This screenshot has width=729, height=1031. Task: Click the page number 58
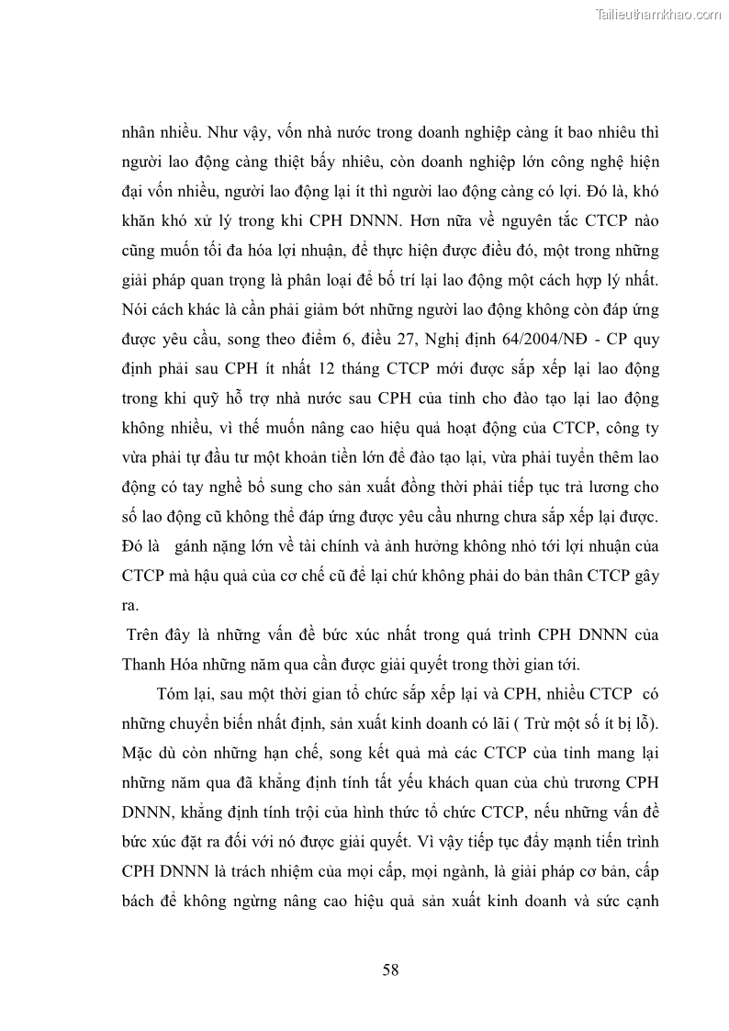390,970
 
